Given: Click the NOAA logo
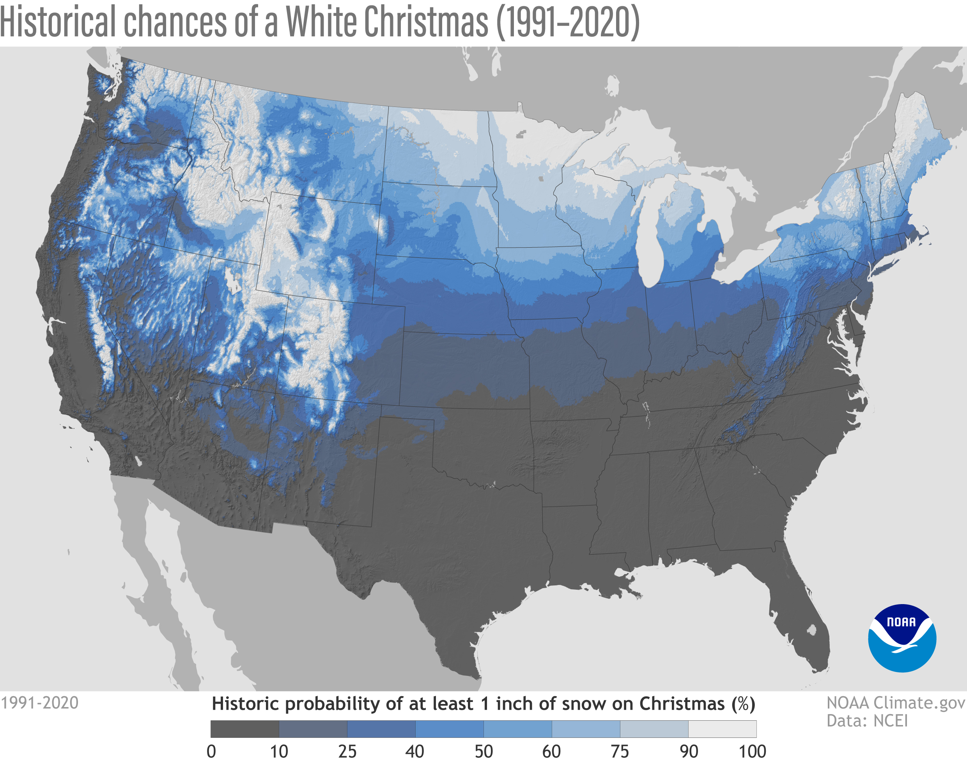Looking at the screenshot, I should pyautogui.click(x=902, y=638).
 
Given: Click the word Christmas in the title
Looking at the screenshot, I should pyautogui.click(x=425, y=22).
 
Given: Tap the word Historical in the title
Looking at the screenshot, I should pyautogui.click(x=58, y=22).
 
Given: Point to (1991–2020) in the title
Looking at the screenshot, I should pyautogui.click(x=568, y=22).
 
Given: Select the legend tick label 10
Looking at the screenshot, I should pyautogui.click(x=279, y=752).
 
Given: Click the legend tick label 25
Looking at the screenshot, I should pyautogui.click(x=347, y=752).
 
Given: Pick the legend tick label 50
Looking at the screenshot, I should pyautogui.click(x=483, y=752).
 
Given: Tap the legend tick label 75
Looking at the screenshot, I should pyautogui.click(x=620, y=752).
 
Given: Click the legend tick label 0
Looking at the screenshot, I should pyautogui.click(x=211, y=752).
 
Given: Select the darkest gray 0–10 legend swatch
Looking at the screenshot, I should pyautogui.click(x=244, y=729).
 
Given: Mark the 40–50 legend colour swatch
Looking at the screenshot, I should pyautogui.click(x=449, y=729).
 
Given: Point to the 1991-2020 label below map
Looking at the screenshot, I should pyautogui.click(x=39, y=703).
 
